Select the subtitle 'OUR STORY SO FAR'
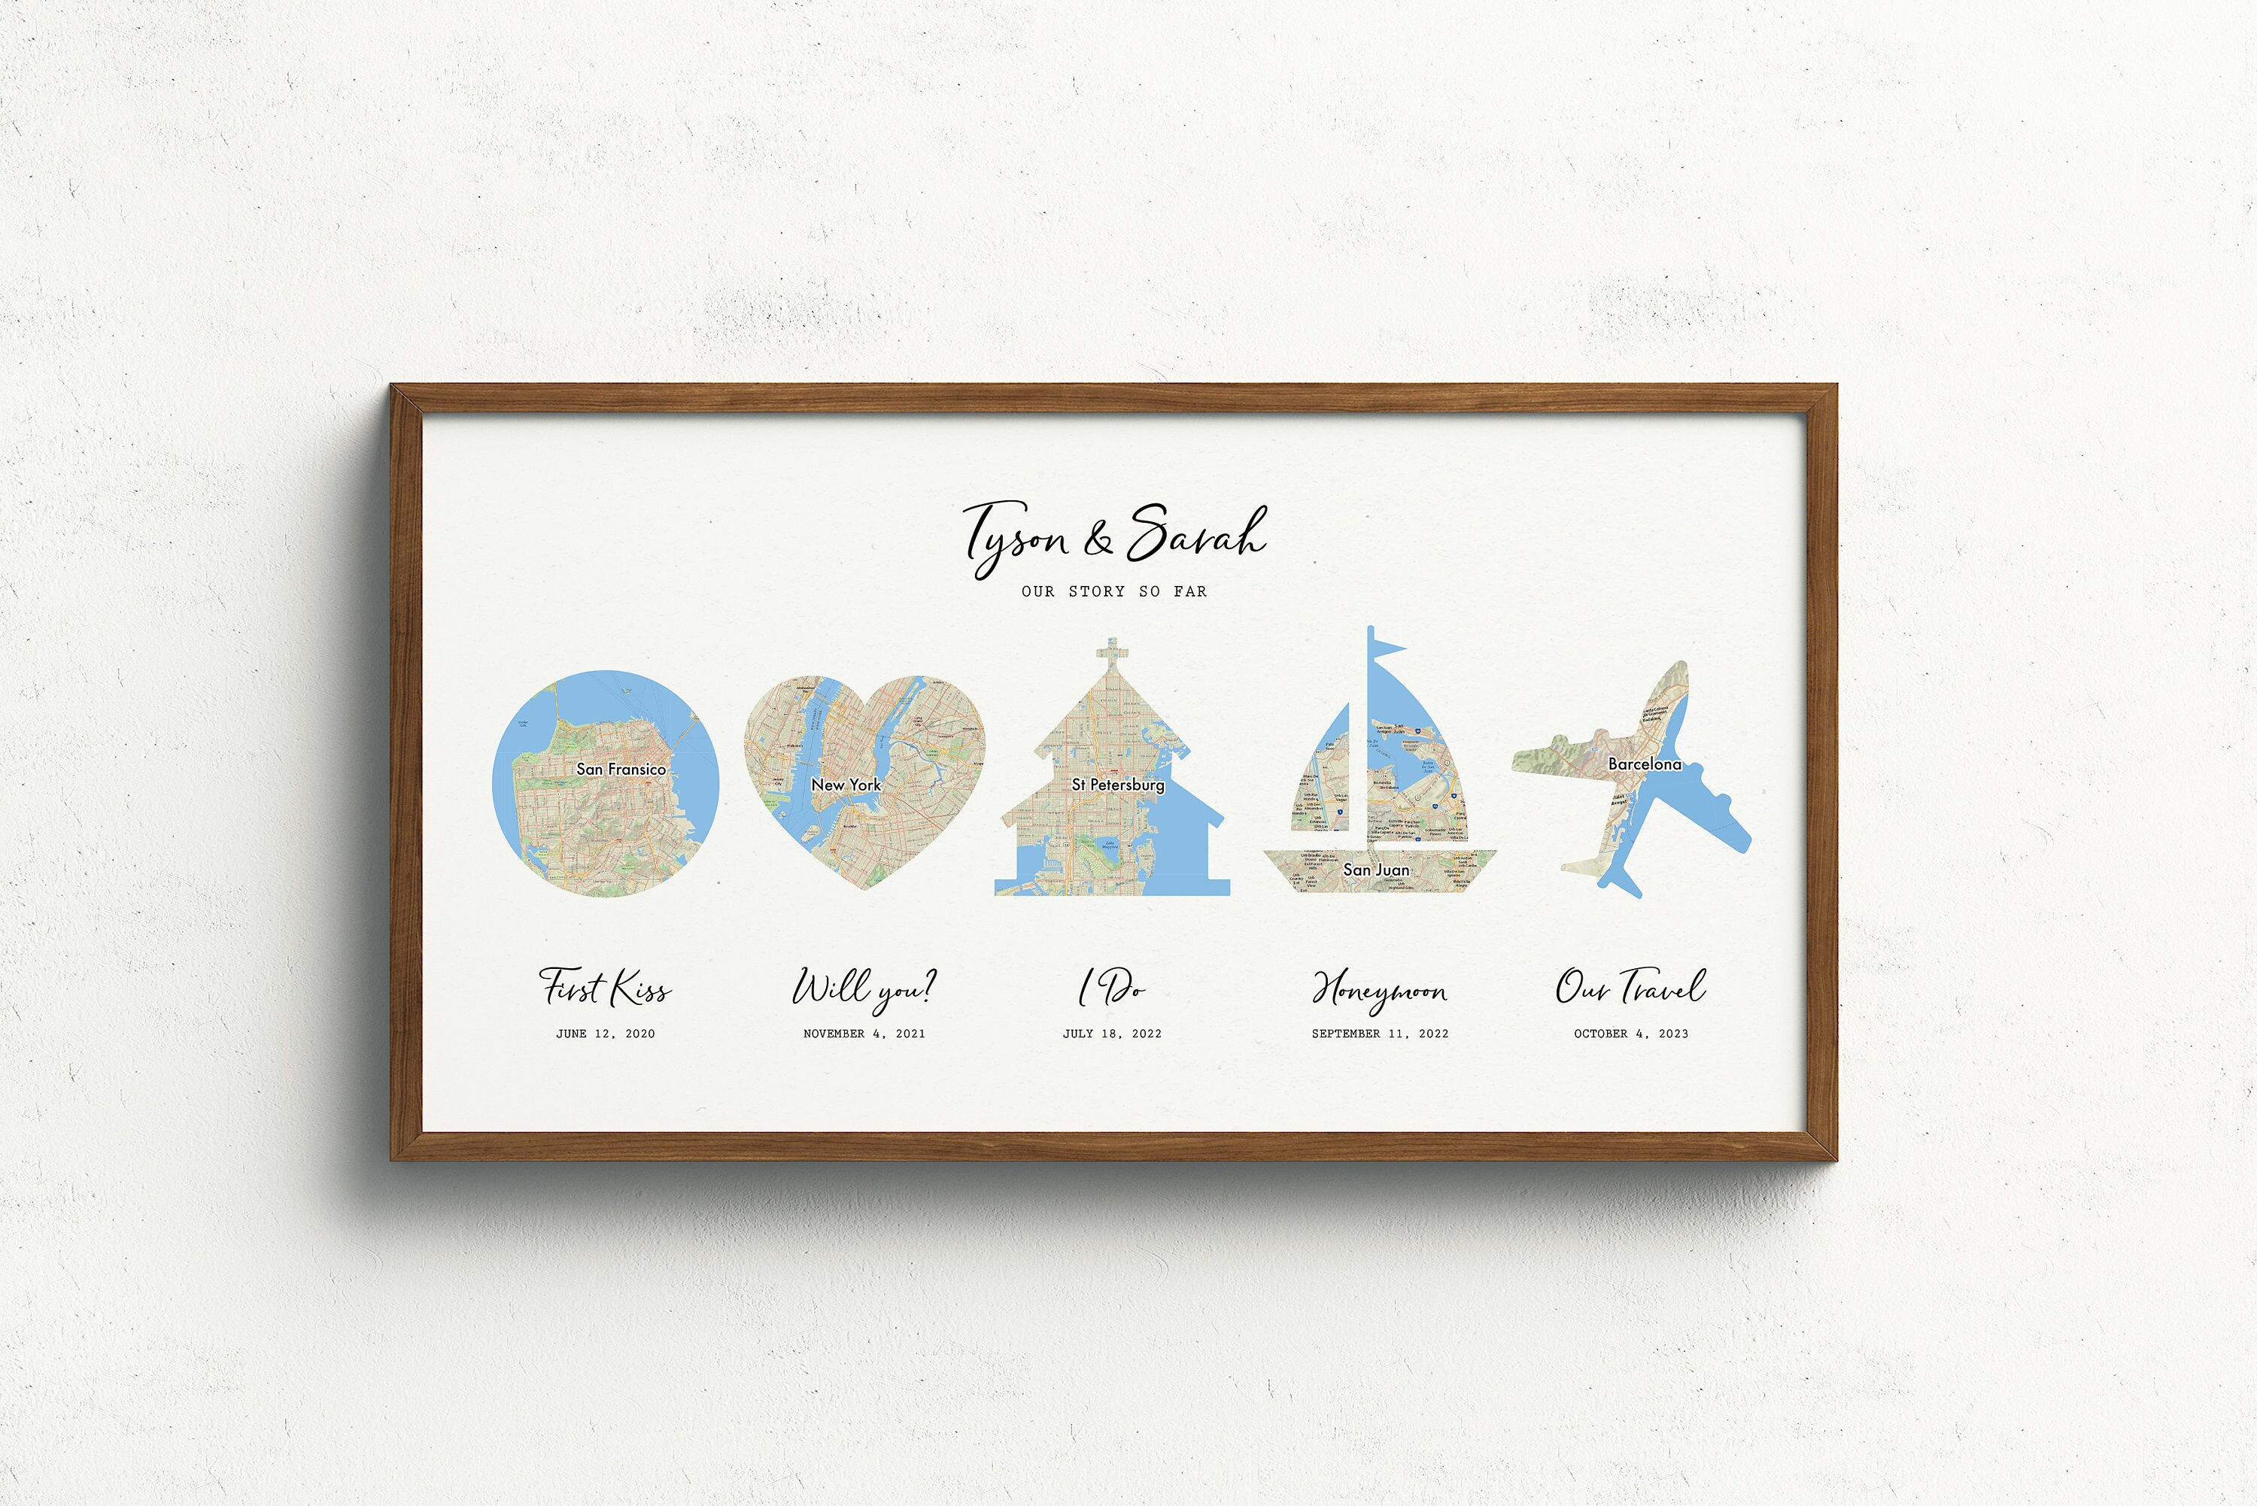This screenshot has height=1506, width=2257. click(1114, 591)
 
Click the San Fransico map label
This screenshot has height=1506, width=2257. click(621, 770)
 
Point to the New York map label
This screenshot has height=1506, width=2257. click(845, 785)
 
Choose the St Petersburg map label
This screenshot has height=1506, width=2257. click(1118, 785)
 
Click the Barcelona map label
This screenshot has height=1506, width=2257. click(1645, 764)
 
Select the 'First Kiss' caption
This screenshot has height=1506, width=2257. click(605, 988)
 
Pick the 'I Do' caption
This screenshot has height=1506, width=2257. click(1111, 988)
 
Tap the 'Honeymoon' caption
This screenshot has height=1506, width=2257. click(1379, 990)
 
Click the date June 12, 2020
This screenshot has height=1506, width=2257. click(605, 1034)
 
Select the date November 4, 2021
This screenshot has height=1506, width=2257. click(864, 1034)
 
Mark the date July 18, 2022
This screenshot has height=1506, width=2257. click(1112, 1034)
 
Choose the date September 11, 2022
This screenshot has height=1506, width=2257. click(1380, 1034)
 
